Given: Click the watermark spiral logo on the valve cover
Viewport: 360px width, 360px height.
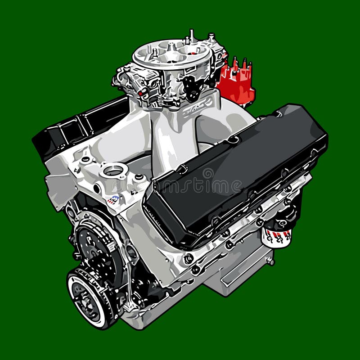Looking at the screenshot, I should [x=208, y=174].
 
